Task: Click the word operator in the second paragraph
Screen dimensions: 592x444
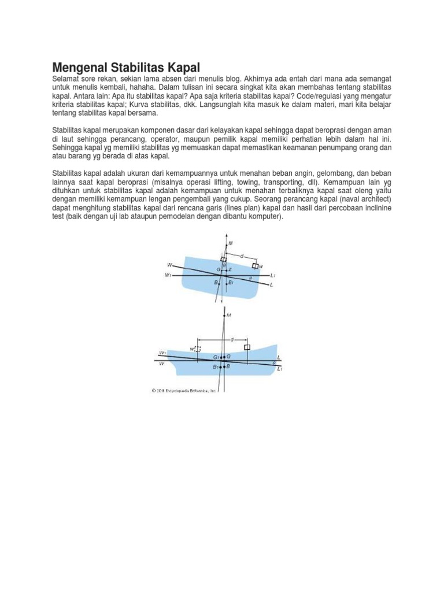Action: pos(177,139)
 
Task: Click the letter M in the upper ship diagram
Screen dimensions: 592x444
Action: pos(231,243)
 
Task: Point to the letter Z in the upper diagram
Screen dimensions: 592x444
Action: pos(230,270)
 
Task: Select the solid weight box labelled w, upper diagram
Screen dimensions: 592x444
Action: pos(255,265)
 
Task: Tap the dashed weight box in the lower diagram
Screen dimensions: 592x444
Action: pos(198,349)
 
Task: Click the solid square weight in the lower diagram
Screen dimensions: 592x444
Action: pos(247,347)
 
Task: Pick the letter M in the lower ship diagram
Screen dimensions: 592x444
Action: pos(230,315)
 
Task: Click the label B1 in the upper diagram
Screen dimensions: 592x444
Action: pos(231,283)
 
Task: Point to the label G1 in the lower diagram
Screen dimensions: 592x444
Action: pos(216,357)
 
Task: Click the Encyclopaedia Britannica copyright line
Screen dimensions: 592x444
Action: pos(183,390)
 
